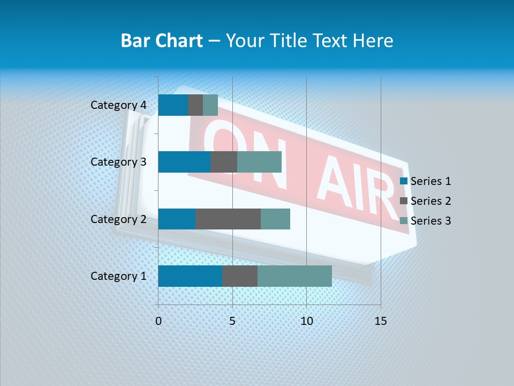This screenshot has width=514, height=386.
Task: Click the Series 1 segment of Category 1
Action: (190, 276)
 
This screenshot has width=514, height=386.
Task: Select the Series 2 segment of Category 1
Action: (240, 276)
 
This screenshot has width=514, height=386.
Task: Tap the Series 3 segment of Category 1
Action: (294, 276)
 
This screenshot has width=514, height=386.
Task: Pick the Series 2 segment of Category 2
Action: (228, 219)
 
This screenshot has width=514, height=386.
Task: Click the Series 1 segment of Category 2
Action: (177, 219)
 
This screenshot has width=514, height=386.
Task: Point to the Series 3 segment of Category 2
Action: (275, 219)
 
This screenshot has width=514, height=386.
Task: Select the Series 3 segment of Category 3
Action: (259, 162)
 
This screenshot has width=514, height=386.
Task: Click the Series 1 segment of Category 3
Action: (184, 162)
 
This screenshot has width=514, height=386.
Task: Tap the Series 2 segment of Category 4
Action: (195, 105)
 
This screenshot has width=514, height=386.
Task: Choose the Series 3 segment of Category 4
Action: (210, 105)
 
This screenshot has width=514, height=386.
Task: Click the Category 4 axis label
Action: (118, 105)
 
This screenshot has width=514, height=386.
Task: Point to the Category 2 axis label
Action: (118, 219)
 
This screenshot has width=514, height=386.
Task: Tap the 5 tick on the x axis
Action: (232, 321)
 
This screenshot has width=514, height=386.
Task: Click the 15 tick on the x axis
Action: (380, 321)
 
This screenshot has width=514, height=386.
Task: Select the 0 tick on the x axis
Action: (158, 321)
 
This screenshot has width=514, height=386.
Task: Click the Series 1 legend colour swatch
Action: (404, 181)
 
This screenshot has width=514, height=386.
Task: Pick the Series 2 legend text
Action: (430, 201)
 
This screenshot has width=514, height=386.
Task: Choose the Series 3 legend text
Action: (430, 221)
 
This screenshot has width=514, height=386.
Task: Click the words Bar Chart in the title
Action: (162, 41)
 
